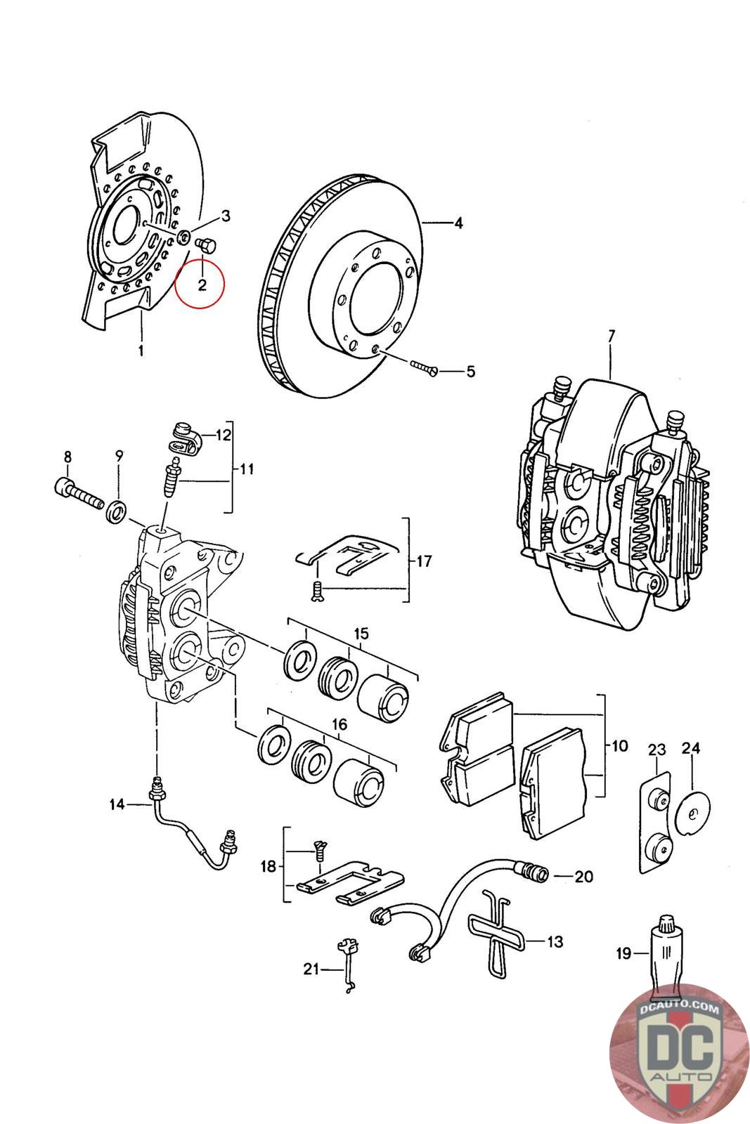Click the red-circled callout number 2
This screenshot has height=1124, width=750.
tap(202, 285)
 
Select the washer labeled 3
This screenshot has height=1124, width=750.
tap(185, 235)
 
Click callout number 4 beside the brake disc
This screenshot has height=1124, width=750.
tap(458, 223)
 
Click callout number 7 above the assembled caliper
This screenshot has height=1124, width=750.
tap(610, 336)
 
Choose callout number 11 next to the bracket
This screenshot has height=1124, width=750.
tap(247, 470)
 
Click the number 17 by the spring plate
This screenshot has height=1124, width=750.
tap(424, 561)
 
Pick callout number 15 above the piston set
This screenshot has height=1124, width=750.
tap(361, 634)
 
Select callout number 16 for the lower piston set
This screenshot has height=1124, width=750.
tap(340, 724)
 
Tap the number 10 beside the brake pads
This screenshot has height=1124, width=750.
tap(619, 746)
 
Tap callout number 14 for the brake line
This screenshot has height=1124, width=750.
tap(117, 805)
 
